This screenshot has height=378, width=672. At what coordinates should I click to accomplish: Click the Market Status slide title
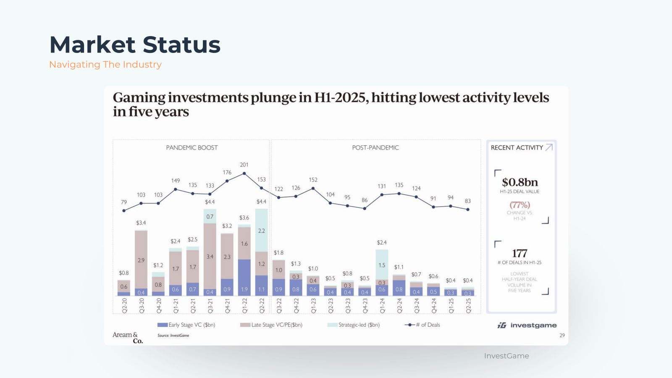click(135, 45)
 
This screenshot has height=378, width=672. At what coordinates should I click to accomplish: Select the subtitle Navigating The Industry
click(105, 65)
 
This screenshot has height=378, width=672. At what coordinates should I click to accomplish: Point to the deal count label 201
click(244, 165)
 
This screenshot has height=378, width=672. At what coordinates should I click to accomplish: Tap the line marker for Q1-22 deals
click(244, 173)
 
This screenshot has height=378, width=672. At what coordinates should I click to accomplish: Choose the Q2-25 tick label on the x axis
click(468, 306)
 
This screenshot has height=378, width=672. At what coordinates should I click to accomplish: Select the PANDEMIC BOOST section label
click(192, 148)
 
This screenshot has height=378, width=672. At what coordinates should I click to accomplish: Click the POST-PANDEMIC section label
click(375, 148)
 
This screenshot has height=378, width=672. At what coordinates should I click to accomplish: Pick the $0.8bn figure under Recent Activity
click(520, 182)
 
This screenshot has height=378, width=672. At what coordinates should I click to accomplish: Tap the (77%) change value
click(520, 205)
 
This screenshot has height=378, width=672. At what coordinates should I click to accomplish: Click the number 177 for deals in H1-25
click(520, 253)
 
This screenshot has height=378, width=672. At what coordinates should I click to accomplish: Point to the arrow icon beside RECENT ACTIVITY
click(549, 147)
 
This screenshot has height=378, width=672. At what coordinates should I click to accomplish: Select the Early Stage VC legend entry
click(186, 325)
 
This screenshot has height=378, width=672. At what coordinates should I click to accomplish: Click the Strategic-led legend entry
click(354, 325)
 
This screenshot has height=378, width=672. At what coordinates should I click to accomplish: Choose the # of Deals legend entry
click(423, 325)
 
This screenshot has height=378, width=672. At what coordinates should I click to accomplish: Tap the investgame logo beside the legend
click(527, 325)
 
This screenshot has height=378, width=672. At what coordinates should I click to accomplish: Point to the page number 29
click(562, 335)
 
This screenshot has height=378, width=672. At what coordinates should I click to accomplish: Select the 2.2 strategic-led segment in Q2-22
click(261, 231)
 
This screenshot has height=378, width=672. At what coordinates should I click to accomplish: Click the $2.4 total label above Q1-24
click(382, 243)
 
